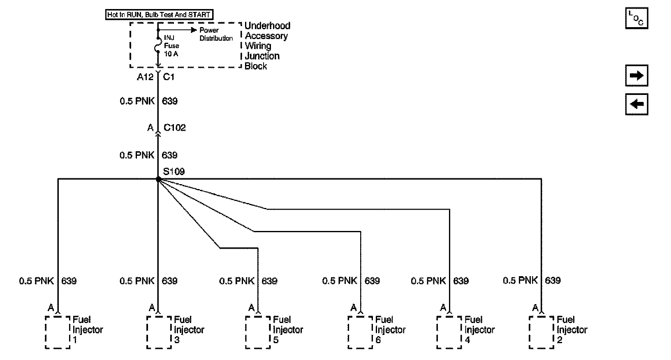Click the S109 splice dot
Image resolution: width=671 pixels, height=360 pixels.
[158, 180]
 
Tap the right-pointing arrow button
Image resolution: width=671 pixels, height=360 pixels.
[636, 76]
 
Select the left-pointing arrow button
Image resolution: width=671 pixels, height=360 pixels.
[636, 104]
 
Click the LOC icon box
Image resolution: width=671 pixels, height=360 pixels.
[636, 18]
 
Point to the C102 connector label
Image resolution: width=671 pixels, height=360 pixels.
[174, 128]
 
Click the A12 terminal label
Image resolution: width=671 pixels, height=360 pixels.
[145, 77]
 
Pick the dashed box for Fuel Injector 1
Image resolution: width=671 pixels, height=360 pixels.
[57, 332]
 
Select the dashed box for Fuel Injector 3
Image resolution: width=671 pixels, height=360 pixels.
[159, 332]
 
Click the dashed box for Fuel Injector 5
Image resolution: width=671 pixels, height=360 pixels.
[258, 332]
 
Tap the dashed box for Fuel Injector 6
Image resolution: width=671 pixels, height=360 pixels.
[360, 332]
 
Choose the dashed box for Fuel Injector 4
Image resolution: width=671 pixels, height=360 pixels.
[449, 332]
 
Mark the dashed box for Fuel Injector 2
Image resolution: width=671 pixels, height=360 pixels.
[541, 332]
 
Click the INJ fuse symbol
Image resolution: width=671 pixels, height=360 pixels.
[158, 45]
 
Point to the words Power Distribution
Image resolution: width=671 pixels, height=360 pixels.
[216, 34]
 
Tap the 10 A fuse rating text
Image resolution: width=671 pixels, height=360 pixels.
[171, 54]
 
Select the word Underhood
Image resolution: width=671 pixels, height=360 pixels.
[267, 25]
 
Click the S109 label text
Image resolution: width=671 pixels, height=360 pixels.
[174, 171]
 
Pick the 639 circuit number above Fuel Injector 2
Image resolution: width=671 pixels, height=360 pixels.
[553, 280]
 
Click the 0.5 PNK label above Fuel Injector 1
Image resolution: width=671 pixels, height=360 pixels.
[36, 281]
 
